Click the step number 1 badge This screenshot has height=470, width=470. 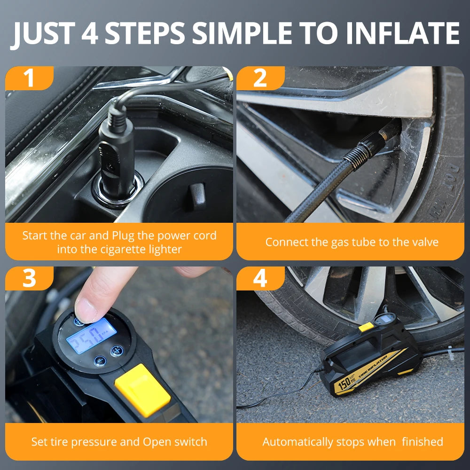tap(29, 78)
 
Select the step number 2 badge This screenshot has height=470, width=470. tap(260, 78)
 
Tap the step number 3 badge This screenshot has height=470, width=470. tap(29, 278)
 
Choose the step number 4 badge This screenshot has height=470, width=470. tap(260, 278)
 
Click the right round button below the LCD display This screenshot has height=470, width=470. tap(116, 351)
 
